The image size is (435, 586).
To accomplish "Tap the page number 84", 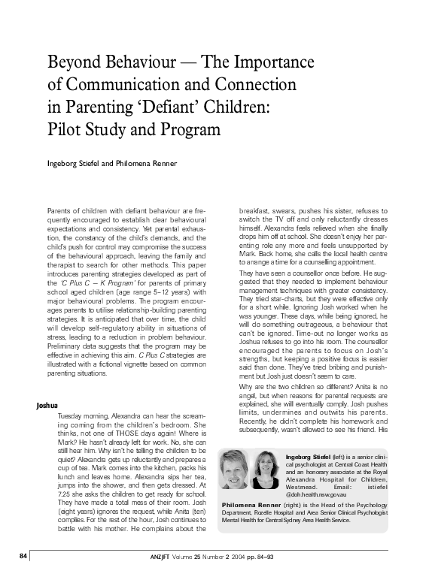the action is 24,576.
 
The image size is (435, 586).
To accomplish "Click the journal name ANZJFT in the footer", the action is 163,576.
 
